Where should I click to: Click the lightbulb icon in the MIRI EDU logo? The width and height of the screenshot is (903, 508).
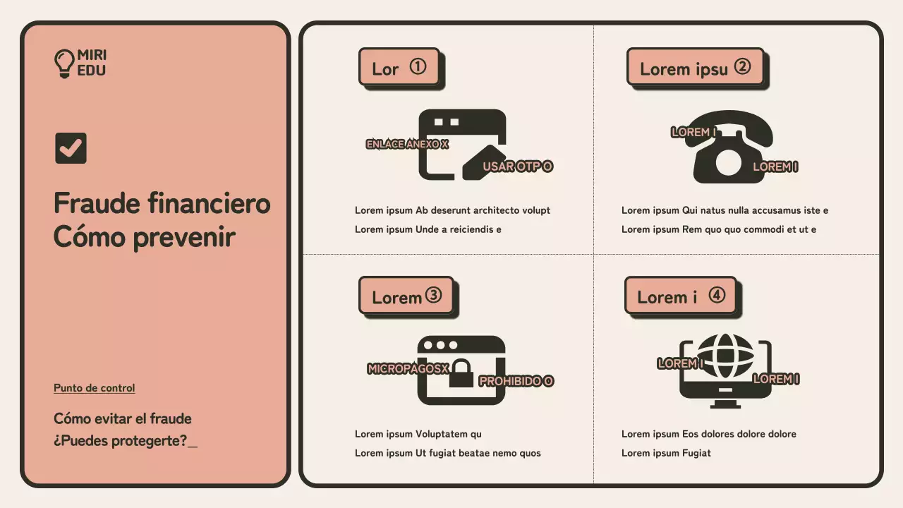(64, 64)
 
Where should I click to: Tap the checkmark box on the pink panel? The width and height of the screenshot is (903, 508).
(71, 148)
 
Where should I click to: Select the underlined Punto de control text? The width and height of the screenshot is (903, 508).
(95, 388)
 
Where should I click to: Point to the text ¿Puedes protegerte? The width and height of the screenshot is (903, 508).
(120, 441)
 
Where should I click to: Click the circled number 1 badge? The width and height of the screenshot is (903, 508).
(418, 66)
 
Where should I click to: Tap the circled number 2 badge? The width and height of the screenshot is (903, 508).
(742, 66)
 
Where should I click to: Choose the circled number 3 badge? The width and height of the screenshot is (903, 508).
(433, 295)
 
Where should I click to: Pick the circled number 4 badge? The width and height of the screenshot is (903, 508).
(717, 295)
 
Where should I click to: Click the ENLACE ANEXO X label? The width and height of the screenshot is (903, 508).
(407, 144)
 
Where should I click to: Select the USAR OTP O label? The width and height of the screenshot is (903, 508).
(518, 166)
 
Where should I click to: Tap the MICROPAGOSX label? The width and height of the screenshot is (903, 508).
(408, 368)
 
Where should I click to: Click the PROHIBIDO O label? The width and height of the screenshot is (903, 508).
(516, 381)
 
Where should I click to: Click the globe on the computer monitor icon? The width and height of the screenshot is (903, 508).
(725, 356)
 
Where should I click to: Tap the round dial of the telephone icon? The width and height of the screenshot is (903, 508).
(729, 162)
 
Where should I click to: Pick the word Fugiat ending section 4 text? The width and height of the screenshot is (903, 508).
(696, 453)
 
